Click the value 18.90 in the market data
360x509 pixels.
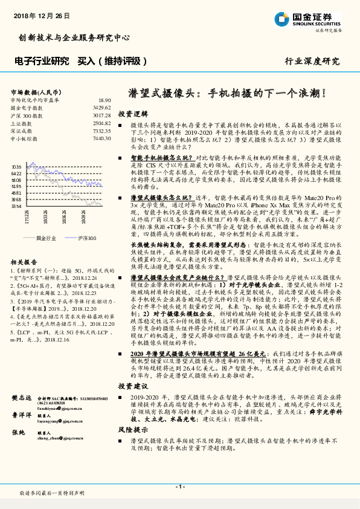pyautogui.click(x=103, y=100)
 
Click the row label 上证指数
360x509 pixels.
pyautogui.click(x=22, y=123)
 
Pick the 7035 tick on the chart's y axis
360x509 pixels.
pyautogui.click(x=16, y=166)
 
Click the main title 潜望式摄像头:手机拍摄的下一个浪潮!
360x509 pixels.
pyautogui.click(x=228, y=94)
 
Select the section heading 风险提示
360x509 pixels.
pyautogui.click(x=132, y=429)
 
